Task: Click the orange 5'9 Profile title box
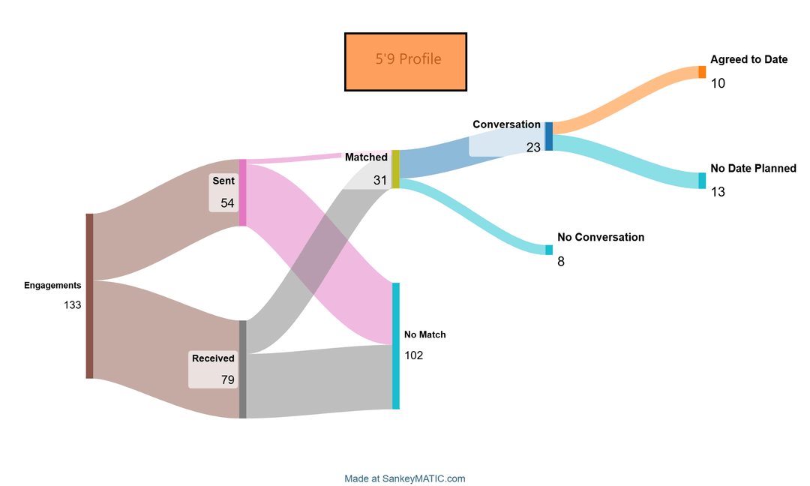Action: (406, 62)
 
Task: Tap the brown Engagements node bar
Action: (89, 295)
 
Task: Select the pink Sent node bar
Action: (242, 192)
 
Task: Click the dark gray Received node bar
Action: (242, 369)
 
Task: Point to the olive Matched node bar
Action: (395, 169)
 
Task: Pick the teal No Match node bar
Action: (395, 346)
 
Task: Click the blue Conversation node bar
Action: (548, 136)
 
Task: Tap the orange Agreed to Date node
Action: (702, 72)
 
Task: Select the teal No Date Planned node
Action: (702, 180)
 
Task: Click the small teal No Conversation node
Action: (549, 250)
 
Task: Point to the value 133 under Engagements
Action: (73, 304)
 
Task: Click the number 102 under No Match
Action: (413, 355)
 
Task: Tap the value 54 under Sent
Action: (227, 202)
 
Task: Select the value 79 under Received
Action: (227, 379)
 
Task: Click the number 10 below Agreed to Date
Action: (718, 83)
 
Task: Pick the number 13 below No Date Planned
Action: (718, 192)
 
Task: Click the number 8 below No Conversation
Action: (561, 262)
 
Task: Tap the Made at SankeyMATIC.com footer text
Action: (405, 478)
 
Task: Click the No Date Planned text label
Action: (753, 169)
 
